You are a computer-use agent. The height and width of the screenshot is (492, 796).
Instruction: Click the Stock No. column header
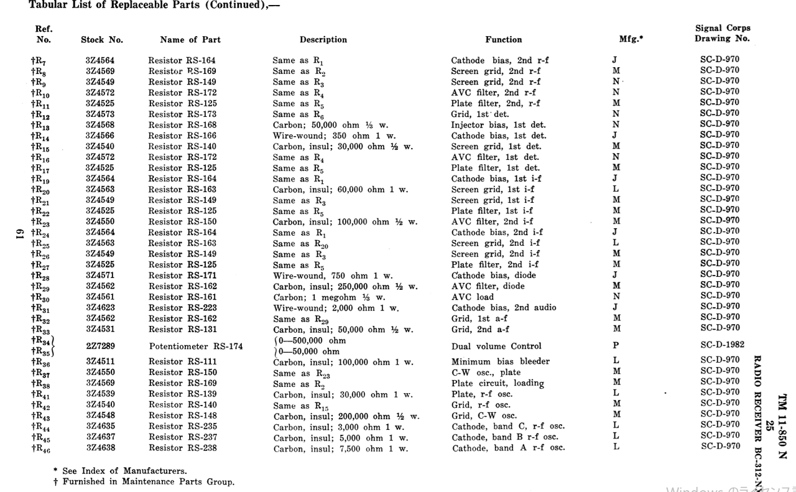tap(102, 40)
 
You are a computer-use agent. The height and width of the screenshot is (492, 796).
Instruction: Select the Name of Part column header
tap(190, 40)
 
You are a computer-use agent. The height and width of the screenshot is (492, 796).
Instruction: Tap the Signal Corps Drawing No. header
tap(722, 33)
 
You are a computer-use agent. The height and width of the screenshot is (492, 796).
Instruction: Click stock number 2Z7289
tap(100, 346)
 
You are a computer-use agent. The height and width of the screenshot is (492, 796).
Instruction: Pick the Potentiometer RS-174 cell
tap(196, 346)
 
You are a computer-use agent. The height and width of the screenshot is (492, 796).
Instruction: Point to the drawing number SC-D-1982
tap(722, 345)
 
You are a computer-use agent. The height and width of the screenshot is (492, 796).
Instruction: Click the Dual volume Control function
tap(496, 346)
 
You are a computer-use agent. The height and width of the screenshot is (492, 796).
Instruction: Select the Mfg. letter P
tap(616, 345)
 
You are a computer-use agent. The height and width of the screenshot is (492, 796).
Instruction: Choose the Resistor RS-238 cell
tap(182, 448)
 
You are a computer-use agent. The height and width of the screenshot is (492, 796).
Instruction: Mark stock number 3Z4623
tap(100, 307)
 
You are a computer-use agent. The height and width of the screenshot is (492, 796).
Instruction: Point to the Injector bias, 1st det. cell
tap(499, 125)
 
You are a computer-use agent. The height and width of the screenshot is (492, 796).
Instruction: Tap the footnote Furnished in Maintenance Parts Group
tap(144, 481)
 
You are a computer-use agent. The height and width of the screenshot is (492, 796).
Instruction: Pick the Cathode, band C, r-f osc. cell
tap(508, 427)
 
